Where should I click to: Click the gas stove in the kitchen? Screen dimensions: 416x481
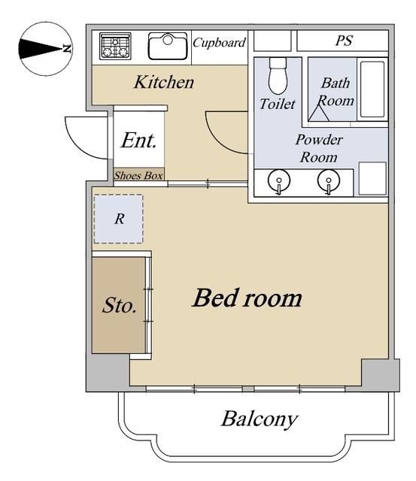point(115,46)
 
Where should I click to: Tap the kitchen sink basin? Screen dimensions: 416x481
point(168,46)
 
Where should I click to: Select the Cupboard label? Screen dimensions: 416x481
point(219,42)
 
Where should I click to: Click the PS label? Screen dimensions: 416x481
point(344,41)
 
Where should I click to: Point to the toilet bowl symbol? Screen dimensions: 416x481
point(278,75)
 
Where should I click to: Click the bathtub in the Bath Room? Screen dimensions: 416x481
point(372,89)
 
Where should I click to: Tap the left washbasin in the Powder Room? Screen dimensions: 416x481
point(279,181)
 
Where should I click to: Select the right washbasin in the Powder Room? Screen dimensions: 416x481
point(329,181)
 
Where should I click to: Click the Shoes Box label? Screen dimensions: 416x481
point(138,175)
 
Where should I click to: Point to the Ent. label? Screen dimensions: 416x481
point(138,141)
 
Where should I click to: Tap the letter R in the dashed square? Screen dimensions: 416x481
point(119,219)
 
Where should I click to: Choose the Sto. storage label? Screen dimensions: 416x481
point(119,305)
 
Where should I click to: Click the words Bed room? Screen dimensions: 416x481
point(247,298)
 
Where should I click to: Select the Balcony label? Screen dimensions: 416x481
point(260,419)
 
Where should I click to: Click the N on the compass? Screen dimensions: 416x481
point(67,48)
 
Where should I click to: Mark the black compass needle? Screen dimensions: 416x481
point(40,49)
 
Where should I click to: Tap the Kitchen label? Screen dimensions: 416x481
point(164,82)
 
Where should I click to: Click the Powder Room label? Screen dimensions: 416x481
point(319,149)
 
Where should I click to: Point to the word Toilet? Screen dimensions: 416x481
point(278,104)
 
